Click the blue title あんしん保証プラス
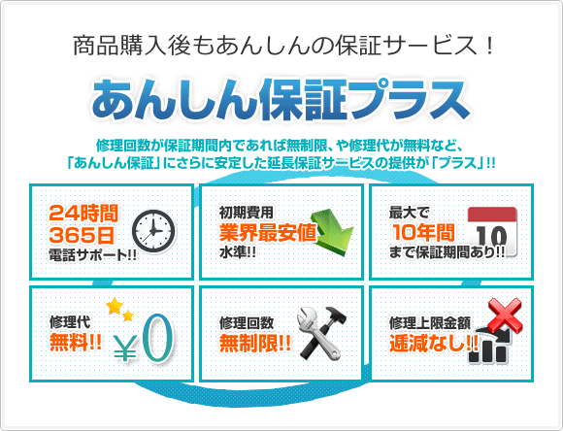pos(281,97)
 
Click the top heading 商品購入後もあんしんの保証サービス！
pos(282,45)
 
